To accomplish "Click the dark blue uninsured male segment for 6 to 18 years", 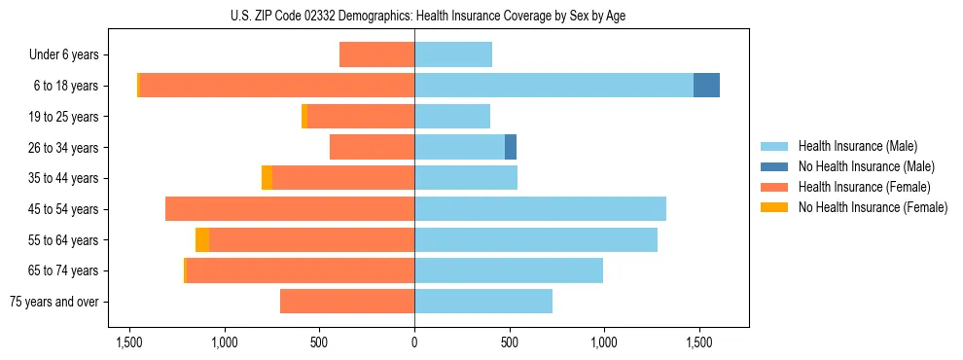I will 706,86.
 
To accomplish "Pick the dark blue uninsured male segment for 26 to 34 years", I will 511,147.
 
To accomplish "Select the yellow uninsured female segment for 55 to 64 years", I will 202,240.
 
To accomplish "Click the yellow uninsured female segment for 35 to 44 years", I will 267,178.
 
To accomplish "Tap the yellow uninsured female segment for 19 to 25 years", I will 304,117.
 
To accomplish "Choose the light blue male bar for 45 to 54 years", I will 540,209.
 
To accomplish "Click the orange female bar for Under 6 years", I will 376,55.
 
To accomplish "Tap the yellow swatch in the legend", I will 775,207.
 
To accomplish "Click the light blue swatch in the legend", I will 775,146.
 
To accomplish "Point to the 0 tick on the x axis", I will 414,342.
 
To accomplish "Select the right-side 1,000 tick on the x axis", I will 603,342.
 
